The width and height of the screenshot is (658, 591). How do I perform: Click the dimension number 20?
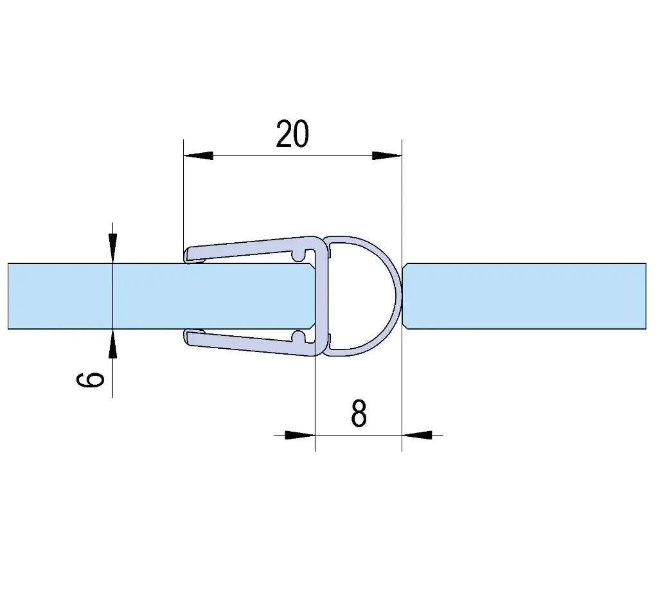click(292, 134)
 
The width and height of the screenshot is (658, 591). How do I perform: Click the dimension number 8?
click(359, 414)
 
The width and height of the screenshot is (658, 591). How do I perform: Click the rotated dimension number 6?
click(90, 379)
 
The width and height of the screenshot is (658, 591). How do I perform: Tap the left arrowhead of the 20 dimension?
click(198, 155)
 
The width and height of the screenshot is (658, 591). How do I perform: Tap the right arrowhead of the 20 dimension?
click(387, 155)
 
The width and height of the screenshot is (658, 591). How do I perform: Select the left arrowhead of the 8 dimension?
click(299, 435)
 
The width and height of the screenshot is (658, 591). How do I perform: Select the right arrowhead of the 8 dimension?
click(416, 435)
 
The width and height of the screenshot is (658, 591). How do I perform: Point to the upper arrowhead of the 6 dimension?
click(112, 249)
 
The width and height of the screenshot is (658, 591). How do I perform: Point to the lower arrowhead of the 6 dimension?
click(112, 344)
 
